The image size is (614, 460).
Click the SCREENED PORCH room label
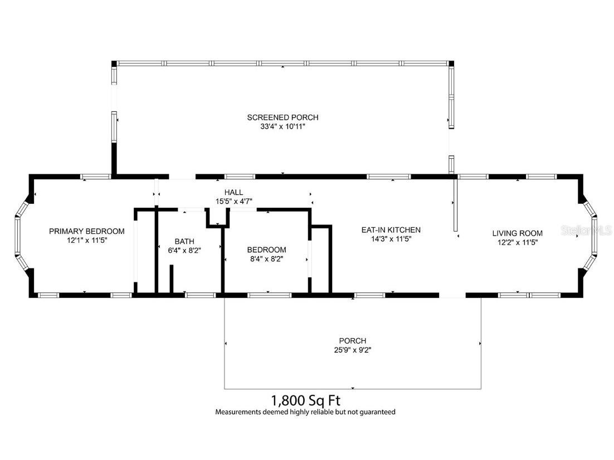click(282, 118)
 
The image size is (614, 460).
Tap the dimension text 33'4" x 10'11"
click(282, 127)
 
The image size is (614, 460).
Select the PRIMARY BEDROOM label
click(86, 231)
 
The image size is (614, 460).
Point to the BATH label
click(184, 241)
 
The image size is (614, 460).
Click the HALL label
click(233, 192)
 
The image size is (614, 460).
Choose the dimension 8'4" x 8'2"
click(266, 259)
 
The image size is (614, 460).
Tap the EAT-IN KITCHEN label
click(391, 229)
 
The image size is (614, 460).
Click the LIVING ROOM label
click(516, 233)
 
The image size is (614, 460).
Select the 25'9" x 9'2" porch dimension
click(352, 350)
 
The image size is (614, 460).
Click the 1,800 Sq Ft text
click(305, 400)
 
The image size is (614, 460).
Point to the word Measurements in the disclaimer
click(237, 412)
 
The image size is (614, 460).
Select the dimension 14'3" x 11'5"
click(391, 239)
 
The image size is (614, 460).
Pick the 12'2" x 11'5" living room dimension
click(516, 243)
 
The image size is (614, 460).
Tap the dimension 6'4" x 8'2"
click(184, 251)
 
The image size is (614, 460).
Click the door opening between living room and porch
click(452, 295)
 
